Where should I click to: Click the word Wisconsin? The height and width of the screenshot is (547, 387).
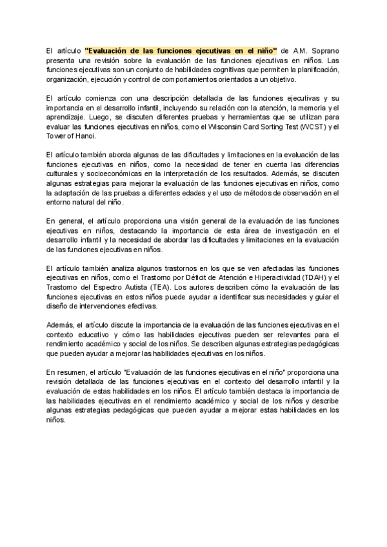224,127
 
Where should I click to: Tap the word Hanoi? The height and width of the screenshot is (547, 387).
84,137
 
